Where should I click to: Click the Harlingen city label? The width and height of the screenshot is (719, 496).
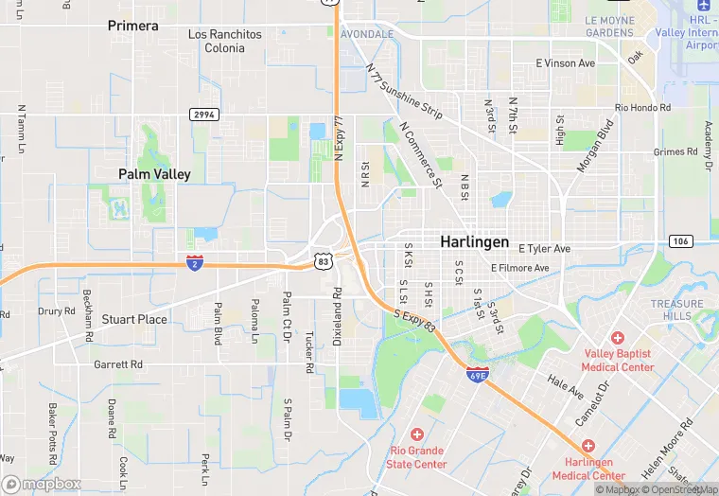[x=474, y=241]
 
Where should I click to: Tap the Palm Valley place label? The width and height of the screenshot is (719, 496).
[x=154, y=174]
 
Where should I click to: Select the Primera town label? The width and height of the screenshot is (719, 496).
[x=133, y=26]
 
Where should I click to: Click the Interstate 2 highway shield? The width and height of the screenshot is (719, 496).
[x=194, y=262]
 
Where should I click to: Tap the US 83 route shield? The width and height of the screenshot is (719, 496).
[x=324, y=259]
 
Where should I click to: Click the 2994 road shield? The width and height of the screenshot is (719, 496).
[x=203, y=114]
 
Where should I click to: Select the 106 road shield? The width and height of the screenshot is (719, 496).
[x=679, y=241]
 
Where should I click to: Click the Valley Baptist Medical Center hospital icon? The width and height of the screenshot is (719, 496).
[x=618, y=337]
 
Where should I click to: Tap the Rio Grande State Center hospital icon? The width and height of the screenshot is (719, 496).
[x=417, y=434]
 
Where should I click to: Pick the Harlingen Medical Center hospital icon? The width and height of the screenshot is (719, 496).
[x=588, y=445]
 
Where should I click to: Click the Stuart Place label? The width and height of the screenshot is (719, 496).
[x=134, y=319]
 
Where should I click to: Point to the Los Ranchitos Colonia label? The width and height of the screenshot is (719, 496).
[x=224, y=41]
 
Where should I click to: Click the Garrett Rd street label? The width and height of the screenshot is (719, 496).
[x=118, y=363]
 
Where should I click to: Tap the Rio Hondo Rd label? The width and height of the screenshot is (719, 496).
[x=642, y=108]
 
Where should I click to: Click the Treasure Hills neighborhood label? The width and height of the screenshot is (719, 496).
[x=676, y=310]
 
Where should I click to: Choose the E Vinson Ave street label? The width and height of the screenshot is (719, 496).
[x=565, y=63]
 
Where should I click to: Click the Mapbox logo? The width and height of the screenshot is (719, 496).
[x=42, y=484]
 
